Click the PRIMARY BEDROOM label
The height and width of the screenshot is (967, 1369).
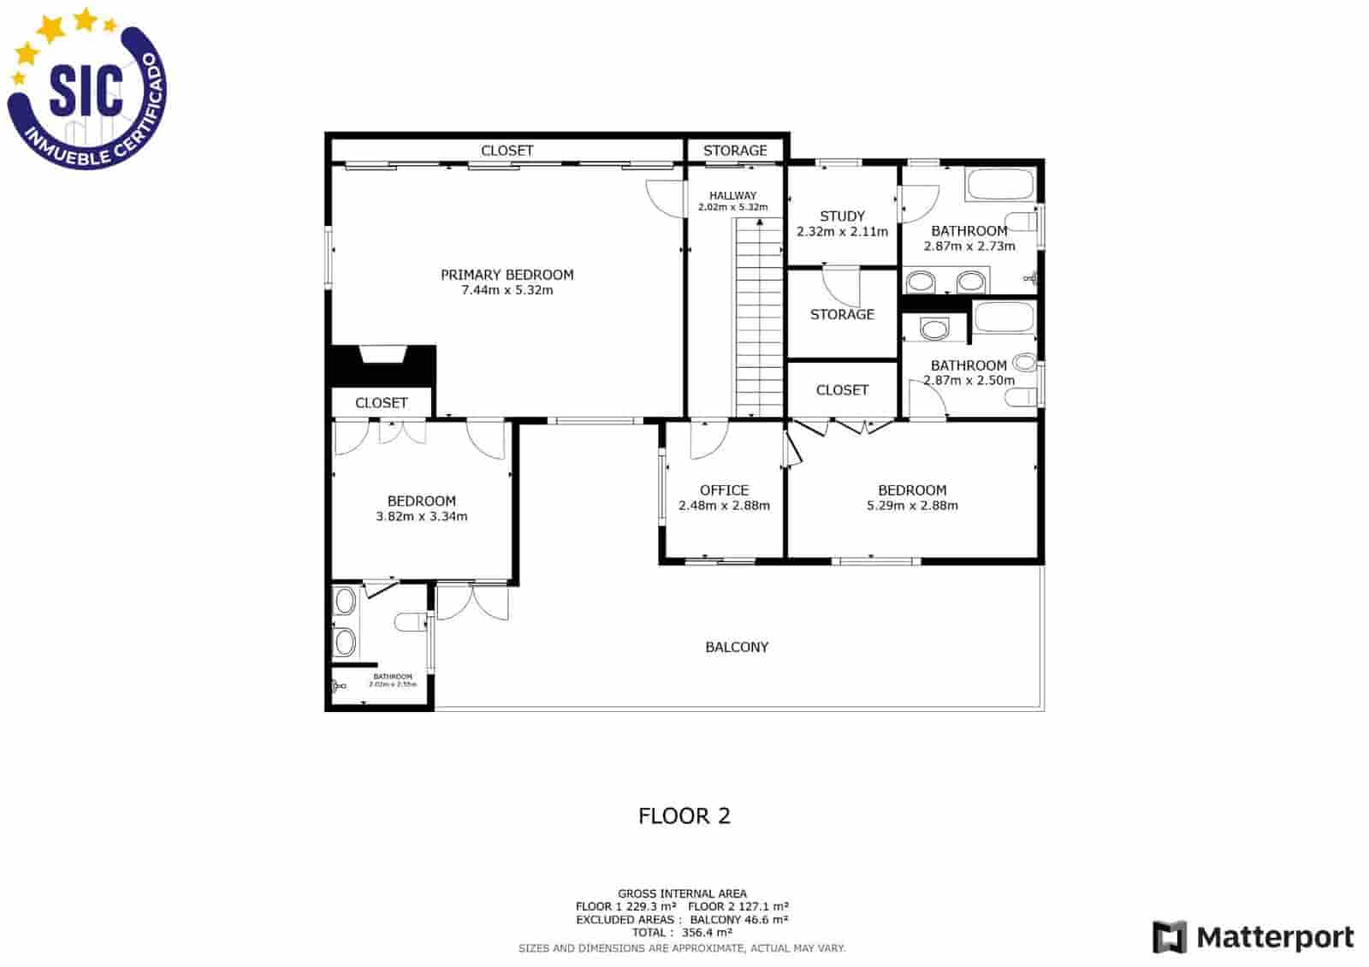[507, 275]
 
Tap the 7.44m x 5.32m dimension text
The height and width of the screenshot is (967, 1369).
[507, 290]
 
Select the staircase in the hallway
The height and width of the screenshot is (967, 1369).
[759, 317]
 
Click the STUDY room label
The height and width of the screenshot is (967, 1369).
[842, 217]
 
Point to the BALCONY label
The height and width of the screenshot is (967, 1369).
[737, 647]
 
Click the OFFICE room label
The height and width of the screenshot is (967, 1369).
[724, 490]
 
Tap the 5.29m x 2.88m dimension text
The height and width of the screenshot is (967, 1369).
[912, 506]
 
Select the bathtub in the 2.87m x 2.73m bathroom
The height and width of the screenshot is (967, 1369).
[999, 184]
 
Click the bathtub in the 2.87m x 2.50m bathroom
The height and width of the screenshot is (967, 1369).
[1004, 317]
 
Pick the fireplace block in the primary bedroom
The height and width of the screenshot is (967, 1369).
[382, 365]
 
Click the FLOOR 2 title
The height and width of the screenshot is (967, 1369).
[684, 816]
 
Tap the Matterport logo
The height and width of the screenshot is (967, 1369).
[1253, 937]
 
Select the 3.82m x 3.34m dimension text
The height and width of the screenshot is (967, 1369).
[421, 517]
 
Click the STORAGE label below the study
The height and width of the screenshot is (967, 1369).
[842, 314]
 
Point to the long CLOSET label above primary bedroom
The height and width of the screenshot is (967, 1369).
[507, 151]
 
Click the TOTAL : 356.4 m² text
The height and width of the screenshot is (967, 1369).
[682, 933]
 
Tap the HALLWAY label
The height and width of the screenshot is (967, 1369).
[732, 196]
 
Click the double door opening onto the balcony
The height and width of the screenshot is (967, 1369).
[472, 602]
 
